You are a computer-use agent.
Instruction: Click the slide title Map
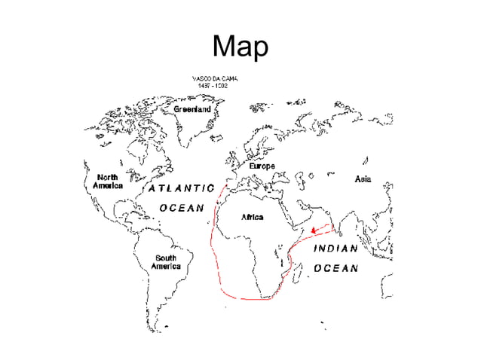tap(240, 47)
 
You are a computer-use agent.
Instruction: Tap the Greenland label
tap(193, 109)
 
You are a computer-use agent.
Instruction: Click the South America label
tap(165, 262)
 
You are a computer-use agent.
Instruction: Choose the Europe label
tap(262, 166)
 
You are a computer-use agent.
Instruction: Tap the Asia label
tap(363, 180)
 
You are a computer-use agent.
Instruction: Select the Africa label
tap(251, 217)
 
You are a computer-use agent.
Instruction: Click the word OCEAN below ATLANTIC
tap(181, 209)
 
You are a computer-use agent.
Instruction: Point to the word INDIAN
tap(335, 248)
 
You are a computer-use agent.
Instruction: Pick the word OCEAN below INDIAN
tap(335, 268)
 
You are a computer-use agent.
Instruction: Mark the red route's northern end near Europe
tap(225, 185)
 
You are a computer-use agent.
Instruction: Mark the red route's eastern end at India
tap(335, 224)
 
